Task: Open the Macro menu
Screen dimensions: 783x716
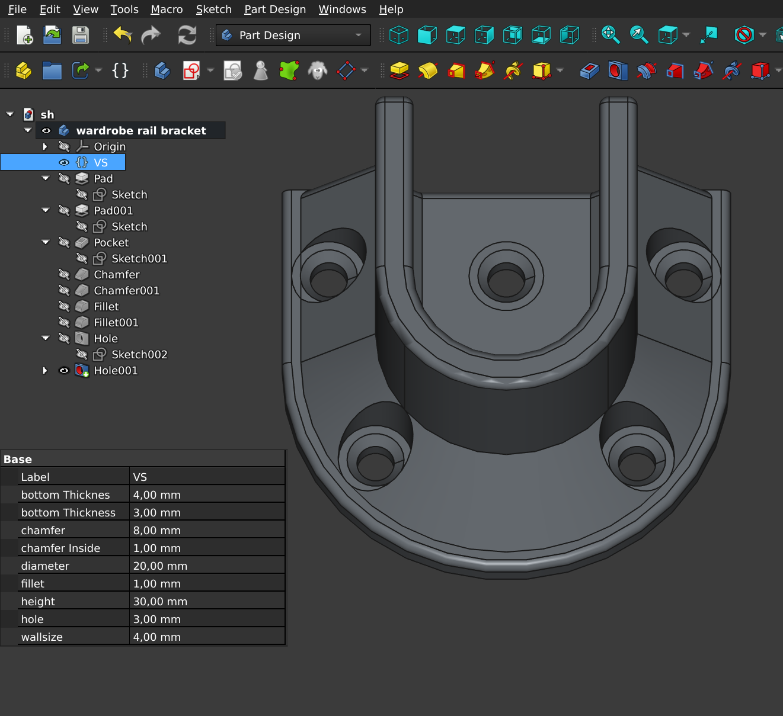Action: click(x=167, y=9)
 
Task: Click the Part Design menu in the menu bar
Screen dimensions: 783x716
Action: click(x=275, y=9)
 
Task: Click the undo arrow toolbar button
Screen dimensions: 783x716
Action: click(x=123, y=35)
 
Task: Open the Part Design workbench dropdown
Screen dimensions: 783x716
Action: click(x=293, y=35)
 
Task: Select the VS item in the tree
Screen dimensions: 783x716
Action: click(x=101, y=162)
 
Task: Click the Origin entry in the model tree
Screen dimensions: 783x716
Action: click(x=110, y=146)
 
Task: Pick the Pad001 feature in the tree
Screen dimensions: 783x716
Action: click(x=113, y=210)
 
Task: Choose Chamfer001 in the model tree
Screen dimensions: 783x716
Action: click(x=126, y=290)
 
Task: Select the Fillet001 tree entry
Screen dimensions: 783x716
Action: click(x=116, y=322)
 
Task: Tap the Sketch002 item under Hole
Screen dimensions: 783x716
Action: click(x=139, y=354)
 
